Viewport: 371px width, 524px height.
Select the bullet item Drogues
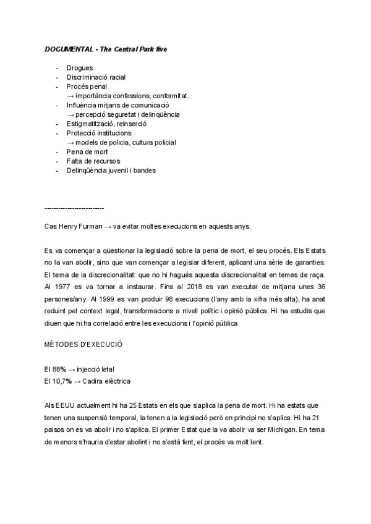point(80,68)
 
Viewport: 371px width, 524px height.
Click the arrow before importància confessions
point(70,96)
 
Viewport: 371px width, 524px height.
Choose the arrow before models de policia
point(70,142)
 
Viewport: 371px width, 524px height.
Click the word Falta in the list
point(75,161)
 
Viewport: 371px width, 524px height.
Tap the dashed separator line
point(74,208)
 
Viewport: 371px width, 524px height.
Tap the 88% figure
point(60,370)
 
